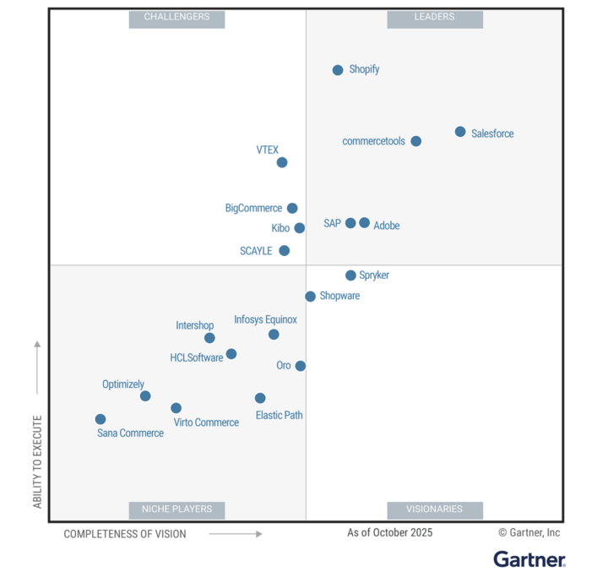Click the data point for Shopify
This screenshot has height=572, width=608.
point(338,70)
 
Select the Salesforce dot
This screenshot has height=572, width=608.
point(460,132)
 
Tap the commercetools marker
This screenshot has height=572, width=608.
point(416,141)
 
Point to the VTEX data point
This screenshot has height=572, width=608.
point(282,162)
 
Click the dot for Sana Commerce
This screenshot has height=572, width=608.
point(100,419)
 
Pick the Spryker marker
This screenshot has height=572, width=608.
point(350,275)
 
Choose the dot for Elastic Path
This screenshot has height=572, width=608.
point(260,398)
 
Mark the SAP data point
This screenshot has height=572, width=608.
point(350,223)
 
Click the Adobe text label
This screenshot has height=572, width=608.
point(387,226)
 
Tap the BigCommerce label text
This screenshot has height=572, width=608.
point(253,208)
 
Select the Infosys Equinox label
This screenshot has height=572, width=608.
point(265,319)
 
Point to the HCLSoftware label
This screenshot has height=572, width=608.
point(197,357)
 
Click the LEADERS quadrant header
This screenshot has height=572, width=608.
point(435,17)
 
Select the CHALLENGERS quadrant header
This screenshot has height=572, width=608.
point(176,17)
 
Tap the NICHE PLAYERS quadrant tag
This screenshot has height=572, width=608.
point(176,509)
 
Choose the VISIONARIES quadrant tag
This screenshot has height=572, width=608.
point(435,509)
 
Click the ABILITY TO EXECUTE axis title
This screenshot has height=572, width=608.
point(37,461)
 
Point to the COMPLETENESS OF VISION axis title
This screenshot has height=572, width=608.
point(125,534)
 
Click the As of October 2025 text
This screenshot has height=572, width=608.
point(389,532)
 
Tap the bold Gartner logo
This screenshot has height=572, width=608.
point(529,558)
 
